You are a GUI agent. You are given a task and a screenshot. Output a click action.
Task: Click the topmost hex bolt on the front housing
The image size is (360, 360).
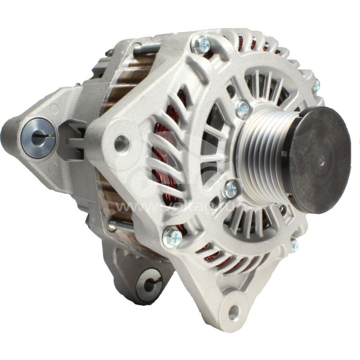[200, 44]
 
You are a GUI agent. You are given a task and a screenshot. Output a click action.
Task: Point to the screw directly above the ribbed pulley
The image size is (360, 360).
[242, 108]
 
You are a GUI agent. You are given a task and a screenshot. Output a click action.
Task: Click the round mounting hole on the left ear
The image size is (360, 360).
[121, 143]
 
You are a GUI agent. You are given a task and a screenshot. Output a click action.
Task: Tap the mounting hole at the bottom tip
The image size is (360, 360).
[233, 312]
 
